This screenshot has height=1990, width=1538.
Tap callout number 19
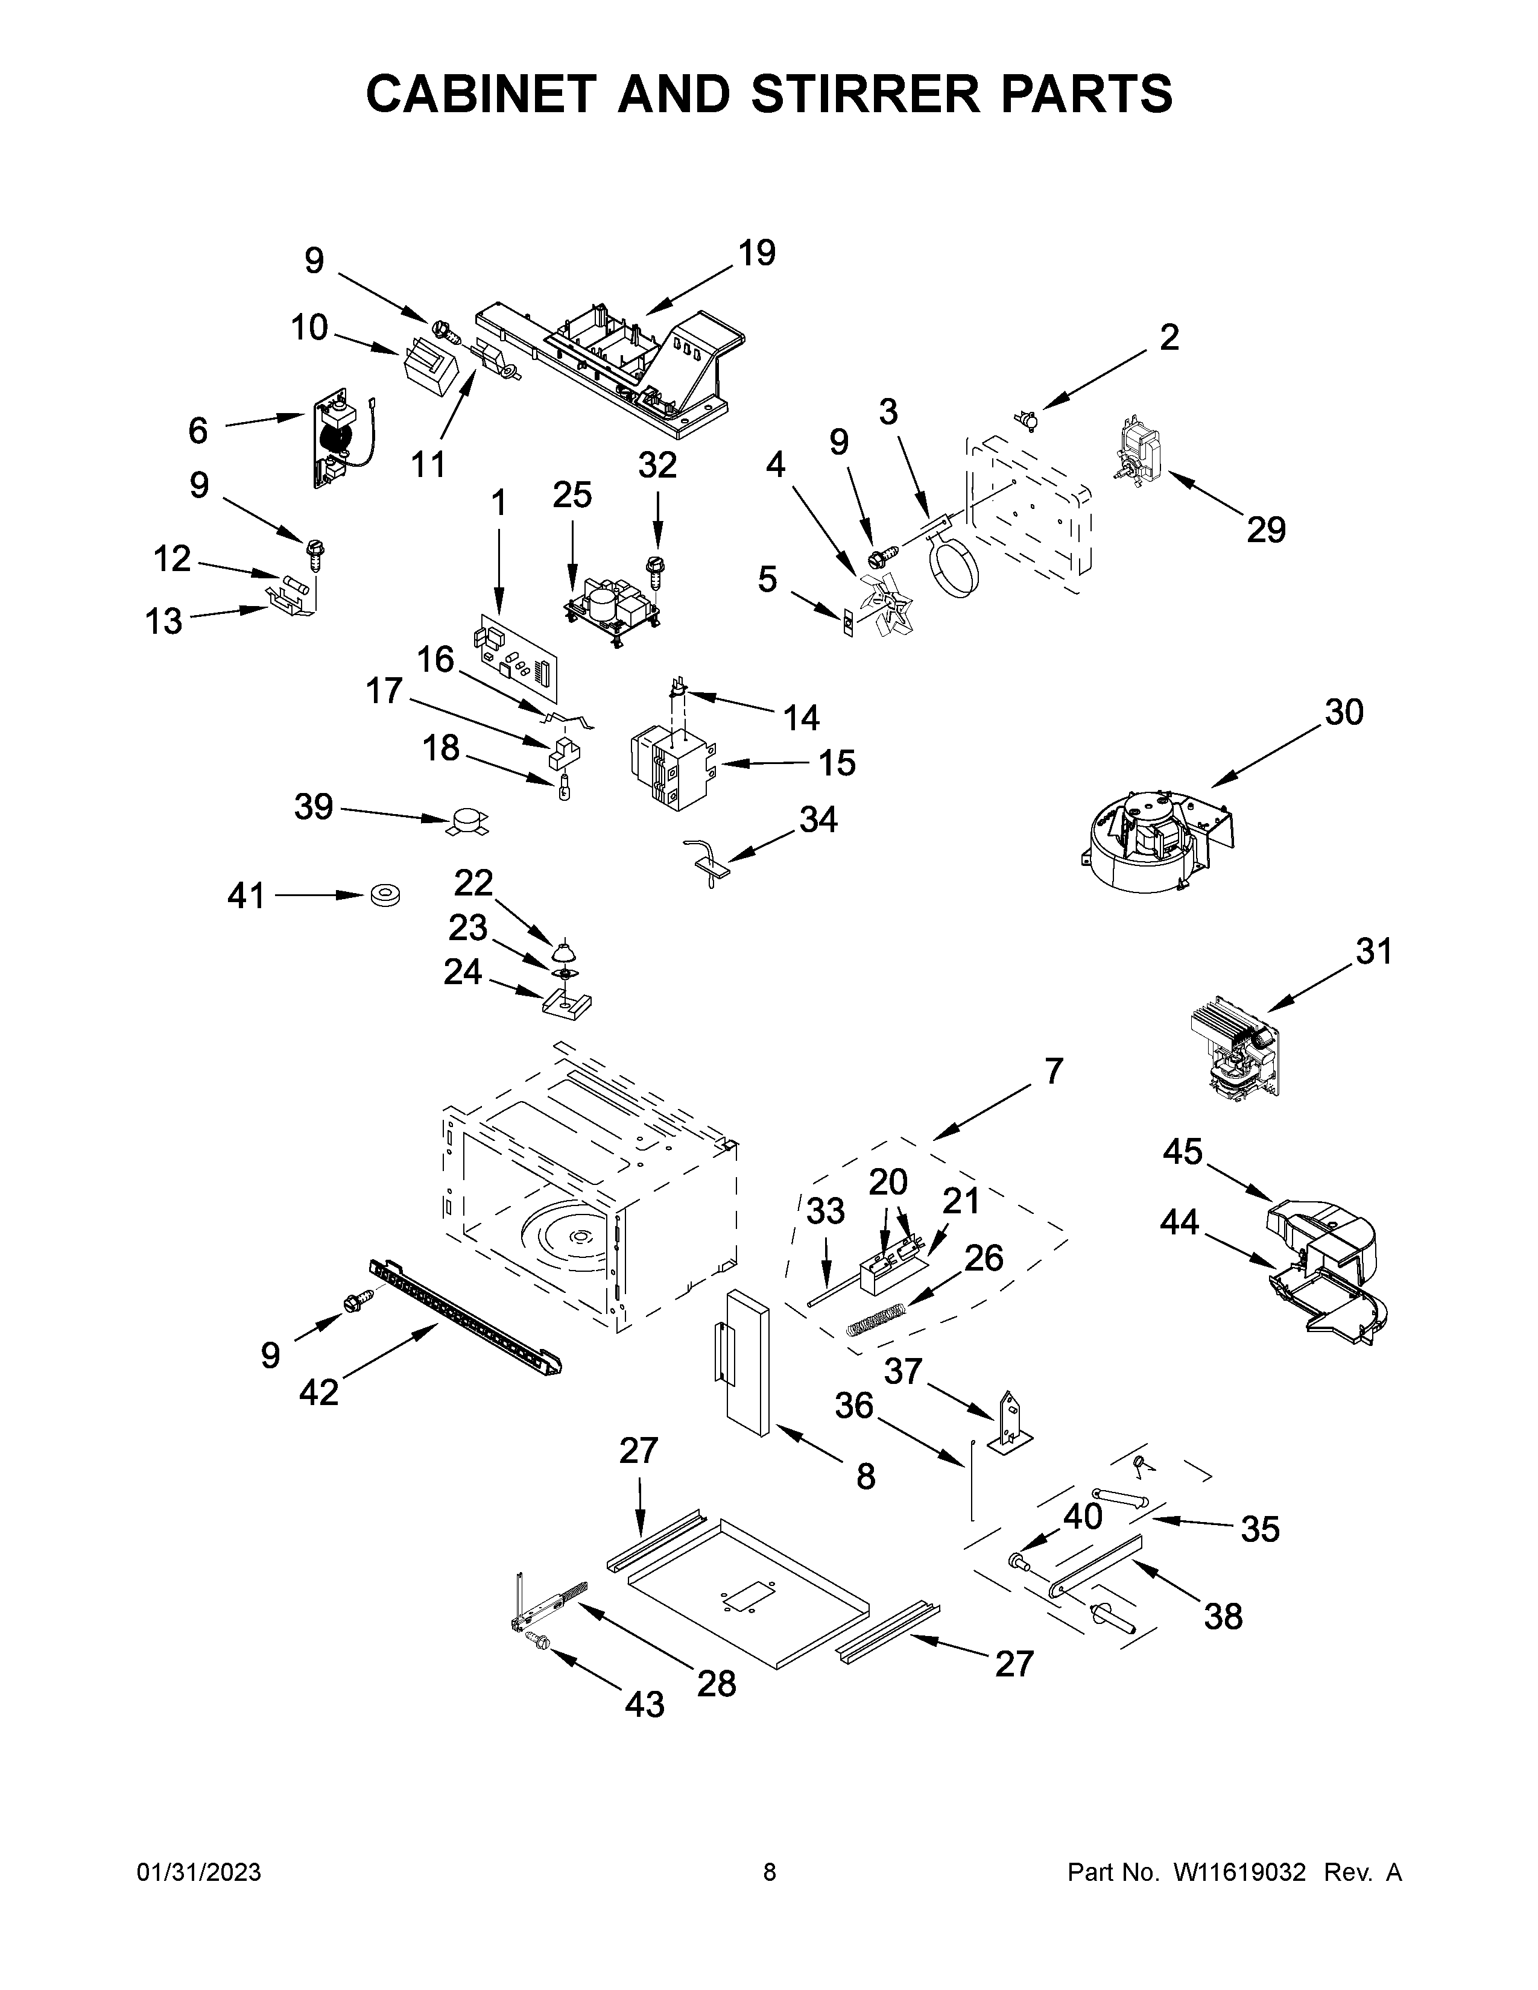tap(756, 253)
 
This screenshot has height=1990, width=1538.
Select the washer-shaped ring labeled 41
tap(385, 895)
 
